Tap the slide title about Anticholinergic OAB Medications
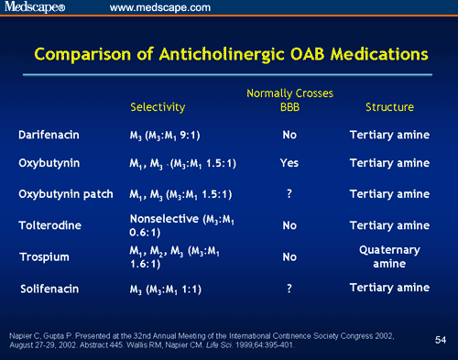pyautogui.click(x=229, y=54)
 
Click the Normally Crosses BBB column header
pyautogui.click(x=290, y=100)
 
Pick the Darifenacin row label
pyautogui.click(x=50, y=136)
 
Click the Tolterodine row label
pyautogui.click(x=50, y=224)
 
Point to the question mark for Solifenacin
pyautogui.click(x=289, y=289)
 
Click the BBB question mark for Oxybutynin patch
pyautogui.click(x=289, y=194)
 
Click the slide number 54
pyautogui.click(x=439, y=341)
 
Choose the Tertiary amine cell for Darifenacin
pyautogui.click(x=388, y=136)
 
